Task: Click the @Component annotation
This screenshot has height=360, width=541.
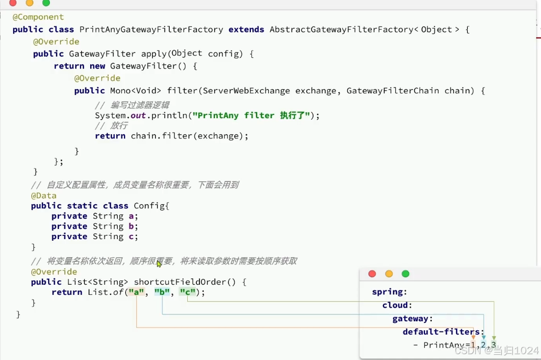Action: click(x=38, y=17)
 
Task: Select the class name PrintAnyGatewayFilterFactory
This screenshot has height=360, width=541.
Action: click(x=151, y=30)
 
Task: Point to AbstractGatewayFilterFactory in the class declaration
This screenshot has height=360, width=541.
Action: click(x=341, y=30)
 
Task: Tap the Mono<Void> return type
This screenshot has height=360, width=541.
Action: click(x=136, y=91)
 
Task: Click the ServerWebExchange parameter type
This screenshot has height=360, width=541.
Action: click(x=247, y=91)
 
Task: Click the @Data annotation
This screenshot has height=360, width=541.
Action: click(x=43, y=196)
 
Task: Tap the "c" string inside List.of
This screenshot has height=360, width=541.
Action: click(x=187, y=292)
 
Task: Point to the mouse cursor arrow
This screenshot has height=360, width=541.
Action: click(x=159, y=264)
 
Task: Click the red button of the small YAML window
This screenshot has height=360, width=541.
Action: click(x=372, y=274)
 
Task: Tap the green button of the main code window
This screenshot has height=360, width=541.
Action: click(x=46, y=3)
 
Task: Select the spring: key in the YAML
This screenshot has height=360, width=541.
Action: click(x=389, y=292)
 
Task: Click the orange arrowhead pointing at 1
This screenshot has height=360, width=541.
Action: click(x=474, y=337)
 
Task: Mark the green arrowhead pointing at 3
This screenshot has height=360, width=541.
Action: click(x=494, y=338)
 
